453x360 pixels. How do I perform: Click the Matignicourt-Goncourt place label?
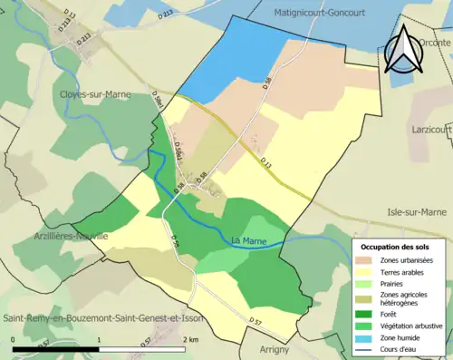click(x=329, y=12)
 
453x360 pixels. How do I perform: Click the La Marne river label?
click(x=248, y=240)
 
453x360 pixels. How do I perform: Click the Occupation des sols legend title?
click(x=400, y=247)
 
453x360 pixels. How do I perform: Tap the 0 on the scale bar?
click(x=14, y=339)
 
